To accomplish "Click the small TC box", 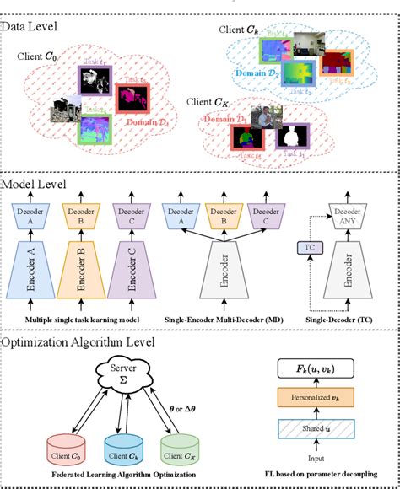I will tap(307, 250).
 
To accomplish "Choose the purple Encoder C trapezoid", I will tap(128, 273).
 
